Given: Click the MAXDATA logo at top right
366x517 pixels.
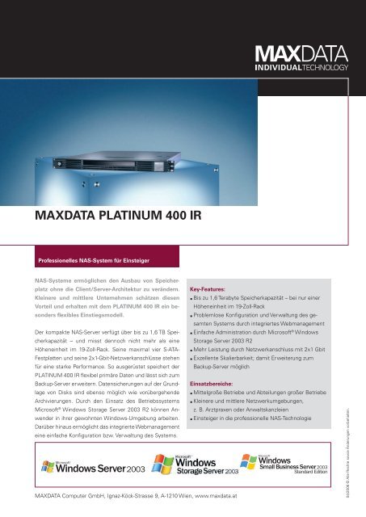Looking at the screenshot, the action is [301, 54].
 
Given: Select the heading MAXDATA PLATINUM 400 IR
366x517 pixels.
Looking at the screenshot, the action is [111, 216].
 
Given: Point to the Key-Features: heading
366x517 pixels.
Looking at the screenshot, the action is [212, 287].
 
